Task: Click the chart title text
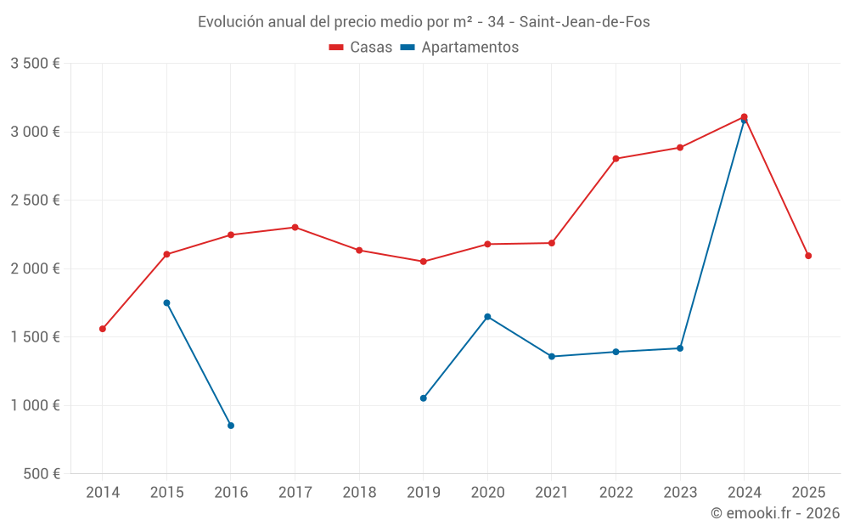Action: coord(424,22)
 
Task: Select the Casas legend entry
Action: coord(361,48)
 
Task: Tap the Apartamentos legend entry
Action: coord(459,48)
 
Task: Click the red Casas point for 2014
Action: coord(103,329)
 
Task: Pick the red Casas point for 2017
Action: coord(295,227)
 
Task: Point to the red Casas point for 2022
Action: coord(616,159)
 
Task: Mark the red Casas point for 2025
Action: coord(808,256)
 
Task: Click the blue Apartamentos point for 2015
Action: coord(166,302)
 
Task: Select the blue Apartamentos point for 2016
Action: coord(231,426)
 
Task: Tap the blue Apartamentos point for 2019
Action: coord(424,398)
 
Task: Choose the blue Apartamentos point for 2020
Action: coord(487,317)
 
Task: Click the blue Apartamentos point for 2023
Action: coord(680,348)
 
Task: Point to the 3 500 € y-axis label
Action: coord(35,64)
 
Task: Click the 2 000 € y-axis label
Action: coord(35,268)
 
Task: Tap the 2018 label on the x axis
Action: coord(359,493)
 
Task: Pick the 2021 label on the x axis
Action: coord(552,493)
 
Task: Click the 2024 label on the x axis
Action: coord(744,493)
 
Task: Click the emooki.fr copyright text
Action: coord(775,513)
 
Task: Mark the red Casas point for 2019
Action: coord(424,262)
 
